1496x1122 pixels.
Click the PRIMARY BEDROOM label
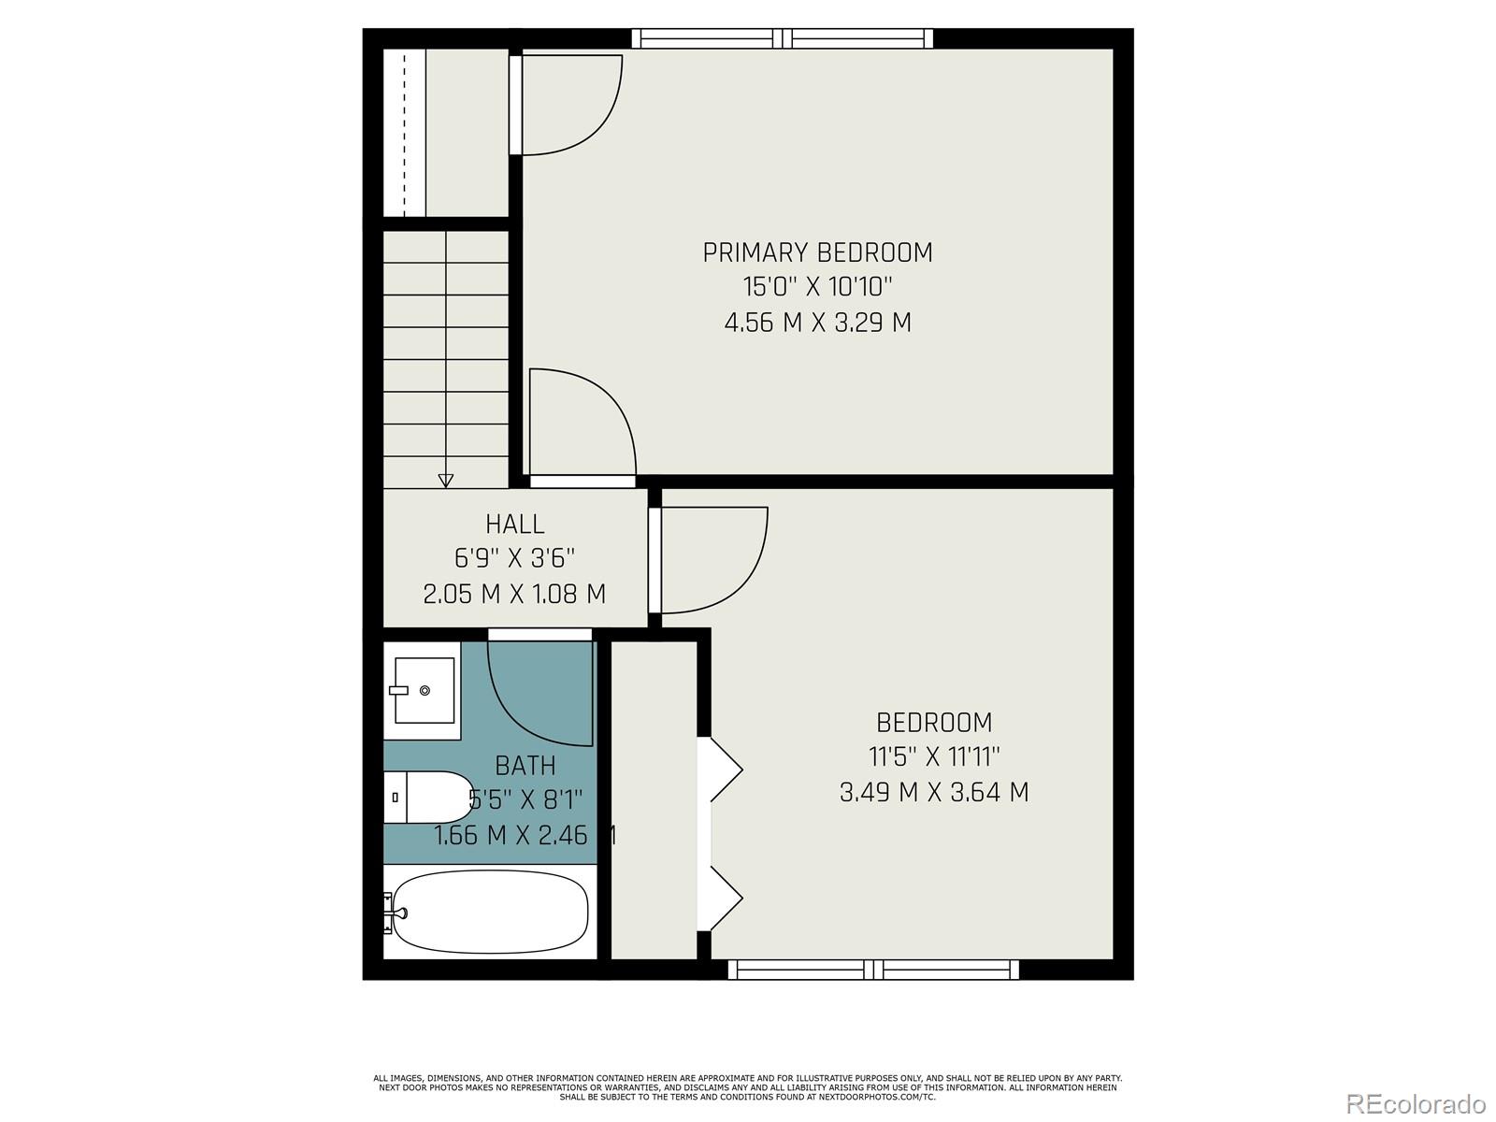pyautogui.click(x=817, y=252)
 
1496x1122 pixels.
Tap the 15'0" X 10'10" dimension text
pyautogui.click(x=817, y=287)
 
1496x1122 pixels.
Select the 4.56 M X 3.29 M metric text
pyautogui.click(x=817, y=324)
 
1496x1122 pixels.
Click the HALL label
pyautogui.click(x=514, y=524)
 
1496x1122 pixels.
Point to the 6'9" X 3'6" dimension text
pyautogui.click(x=514, y=559)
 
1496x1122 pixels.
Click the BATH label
pyautogui.click(x=525, y=766)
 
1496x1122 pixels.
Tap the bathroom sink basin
pyautogui.click(x=424, y=690)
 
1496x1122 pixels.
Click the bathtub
pyautogui.click(x=491, y=911)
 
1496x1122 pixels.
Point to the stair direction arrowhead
pyautogui.click(x=446, y=481)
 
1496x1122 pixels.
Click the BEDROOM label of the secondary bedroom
pyautogui.click(x=933, y=723)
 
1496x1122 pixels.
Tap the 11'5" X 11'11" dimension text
pyautogui.click(x=933, y=757)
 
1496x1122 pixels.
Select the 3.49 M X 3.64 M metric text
pyautogui.click(x=933, y=793)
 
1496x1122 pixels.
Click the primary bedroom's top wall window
pyautogui.click(x=783, y=38)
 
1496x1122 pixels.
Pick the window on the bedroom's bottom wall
pyautogui.click(x=873, y=970)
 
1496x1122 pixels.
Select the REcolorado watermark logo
pyautogui.click(x=1416, y=1103)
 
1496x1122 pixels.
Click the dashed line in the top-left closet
pyautogui.click(x=405, y=131)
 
